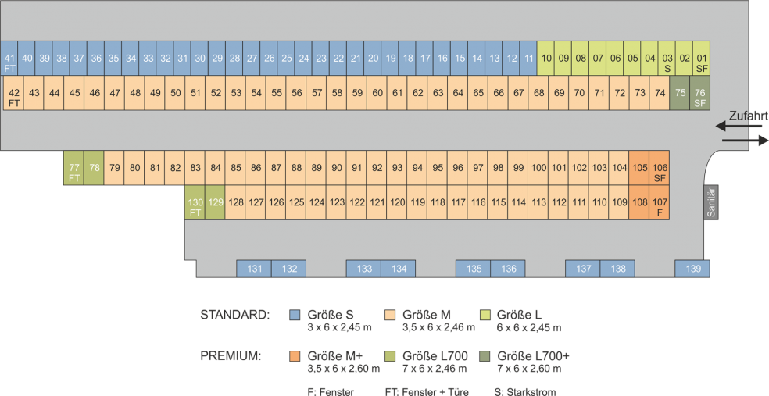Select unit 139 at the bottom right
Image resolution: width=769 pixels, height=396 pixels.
tap(693, 269)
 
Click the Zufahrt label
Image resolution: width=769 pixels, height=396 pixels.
tap(748, 116)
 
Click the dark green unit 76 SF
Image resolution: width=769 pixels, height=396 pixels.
tap(700, 93)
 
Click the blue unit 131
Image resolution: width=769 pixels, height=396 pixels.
tap(255, 269)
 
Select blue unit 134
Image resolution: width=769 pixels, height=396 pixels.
tap(399, 269)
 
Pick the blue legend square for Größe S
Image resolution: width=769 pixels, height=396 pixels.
tap(295, 315)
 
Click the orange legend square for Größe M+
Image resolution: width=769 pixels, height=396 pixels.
tap(295, 356)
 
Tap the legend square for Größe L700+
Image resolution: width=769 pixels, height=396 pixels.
tap(485, 356)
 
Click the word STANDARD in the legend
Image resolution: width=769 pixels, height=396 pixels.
tap(235, 315)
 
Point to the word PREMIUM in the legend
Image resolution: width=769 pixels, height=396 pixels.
tap(231, 356)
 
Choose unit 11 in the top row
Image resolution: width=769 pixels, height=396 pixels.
tap(529, 58)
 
